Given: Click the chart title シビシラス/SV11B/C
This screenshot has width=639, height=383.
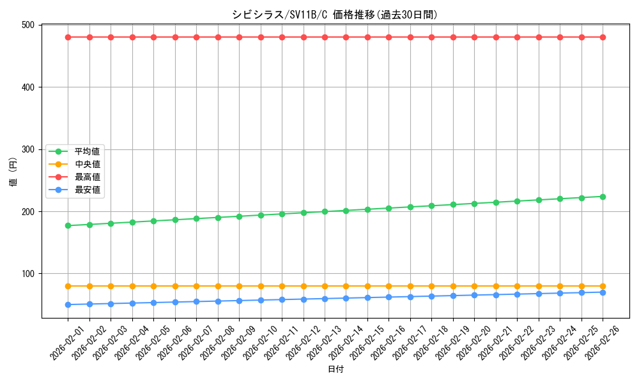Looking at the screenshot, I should click(335, 15).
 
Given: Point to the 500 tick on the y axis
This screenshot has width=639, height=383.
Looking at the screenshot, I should click(29, 25).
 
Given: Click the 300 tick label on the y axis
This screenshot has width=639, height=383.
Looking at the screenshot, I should click(29, 149).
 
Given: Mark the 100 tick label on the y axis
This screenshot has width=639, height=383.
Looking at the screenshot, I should click(29, 274).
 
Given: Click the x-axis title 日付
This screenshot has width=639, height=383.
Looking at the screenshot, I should click(335, 370).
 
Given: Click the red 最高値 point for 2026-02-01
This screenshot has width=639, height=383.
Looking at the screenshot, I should click(68, 37).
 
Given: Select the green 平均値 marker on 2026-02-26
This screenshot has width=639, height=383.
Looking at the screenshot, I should click(603, 197).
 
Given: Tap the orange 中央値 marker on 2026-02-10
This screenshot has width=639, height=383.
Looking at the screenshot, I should click(261, 286).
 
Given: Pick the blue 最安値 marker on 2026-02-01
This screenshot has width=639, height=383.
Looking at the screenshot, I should click(68, 304).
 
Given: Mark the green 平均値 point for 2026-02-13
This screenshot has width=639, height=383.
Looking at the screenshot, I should click(325, 211).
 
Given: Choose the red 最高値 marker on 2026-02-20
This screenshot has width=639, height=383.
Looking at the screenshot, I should click(474, 37).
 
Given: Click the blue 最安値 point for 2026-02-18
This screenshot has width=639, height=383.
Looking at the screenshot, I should click(431, 296).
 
